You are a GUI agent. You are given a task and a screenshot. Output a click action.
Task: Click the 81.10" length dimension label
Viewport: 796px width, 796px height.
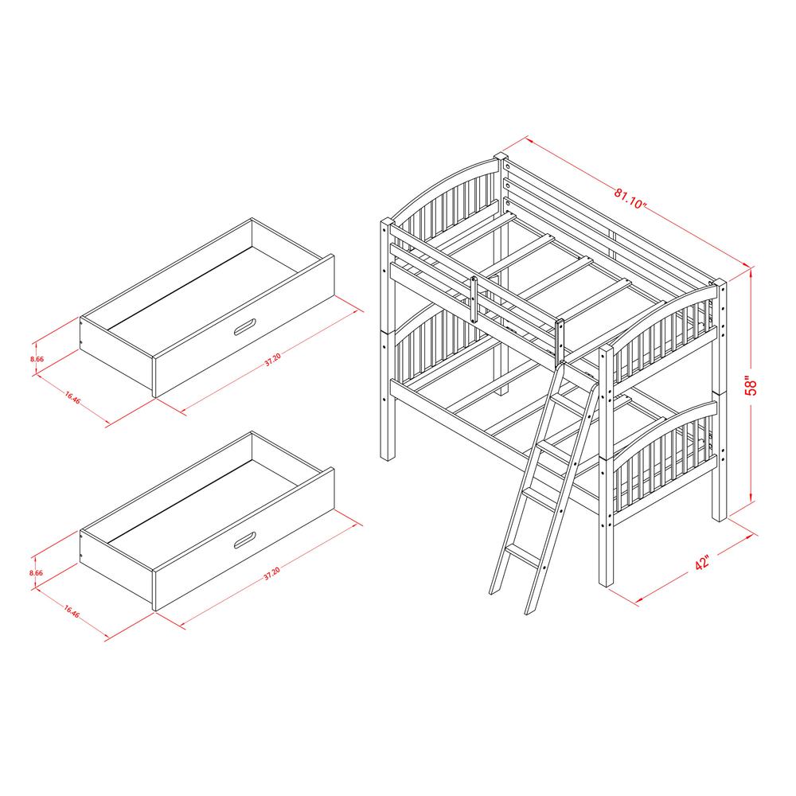pyautogui.click(x=629, y=196)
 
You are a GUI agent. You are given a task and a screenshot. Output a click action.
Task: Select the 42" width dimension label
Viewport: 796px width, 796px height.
pyautogui.click(x=701, y=562)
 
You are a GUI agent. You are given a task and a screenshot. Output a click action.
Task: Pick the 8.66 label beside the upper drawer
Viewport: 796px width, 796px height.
pyautogui.click(x=36, y=360)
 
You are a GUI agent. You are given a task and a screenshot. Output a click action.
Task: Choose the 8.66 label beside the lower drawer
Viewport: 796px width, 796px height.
pyautogui.click(x=36, y=572)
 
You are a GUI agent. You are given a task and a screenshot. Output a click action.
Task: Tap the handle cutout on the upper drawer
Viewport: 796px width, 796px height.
pyautogui.click(x=246, y=326)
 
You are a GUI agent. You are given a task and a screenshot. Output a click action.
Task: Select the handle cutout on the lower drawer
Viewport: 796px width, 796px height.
pyautogui.click(x=246, y=540)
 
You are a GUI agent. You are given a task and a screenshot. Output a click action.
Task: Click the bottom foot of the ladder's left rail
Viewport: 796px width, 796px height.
pyautogui.click(x=494, y=590)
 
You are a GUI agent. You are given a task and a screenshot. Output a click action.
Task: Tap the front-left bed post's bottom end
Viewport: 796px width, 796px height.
pyautogui.click(x=388, y=456)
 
